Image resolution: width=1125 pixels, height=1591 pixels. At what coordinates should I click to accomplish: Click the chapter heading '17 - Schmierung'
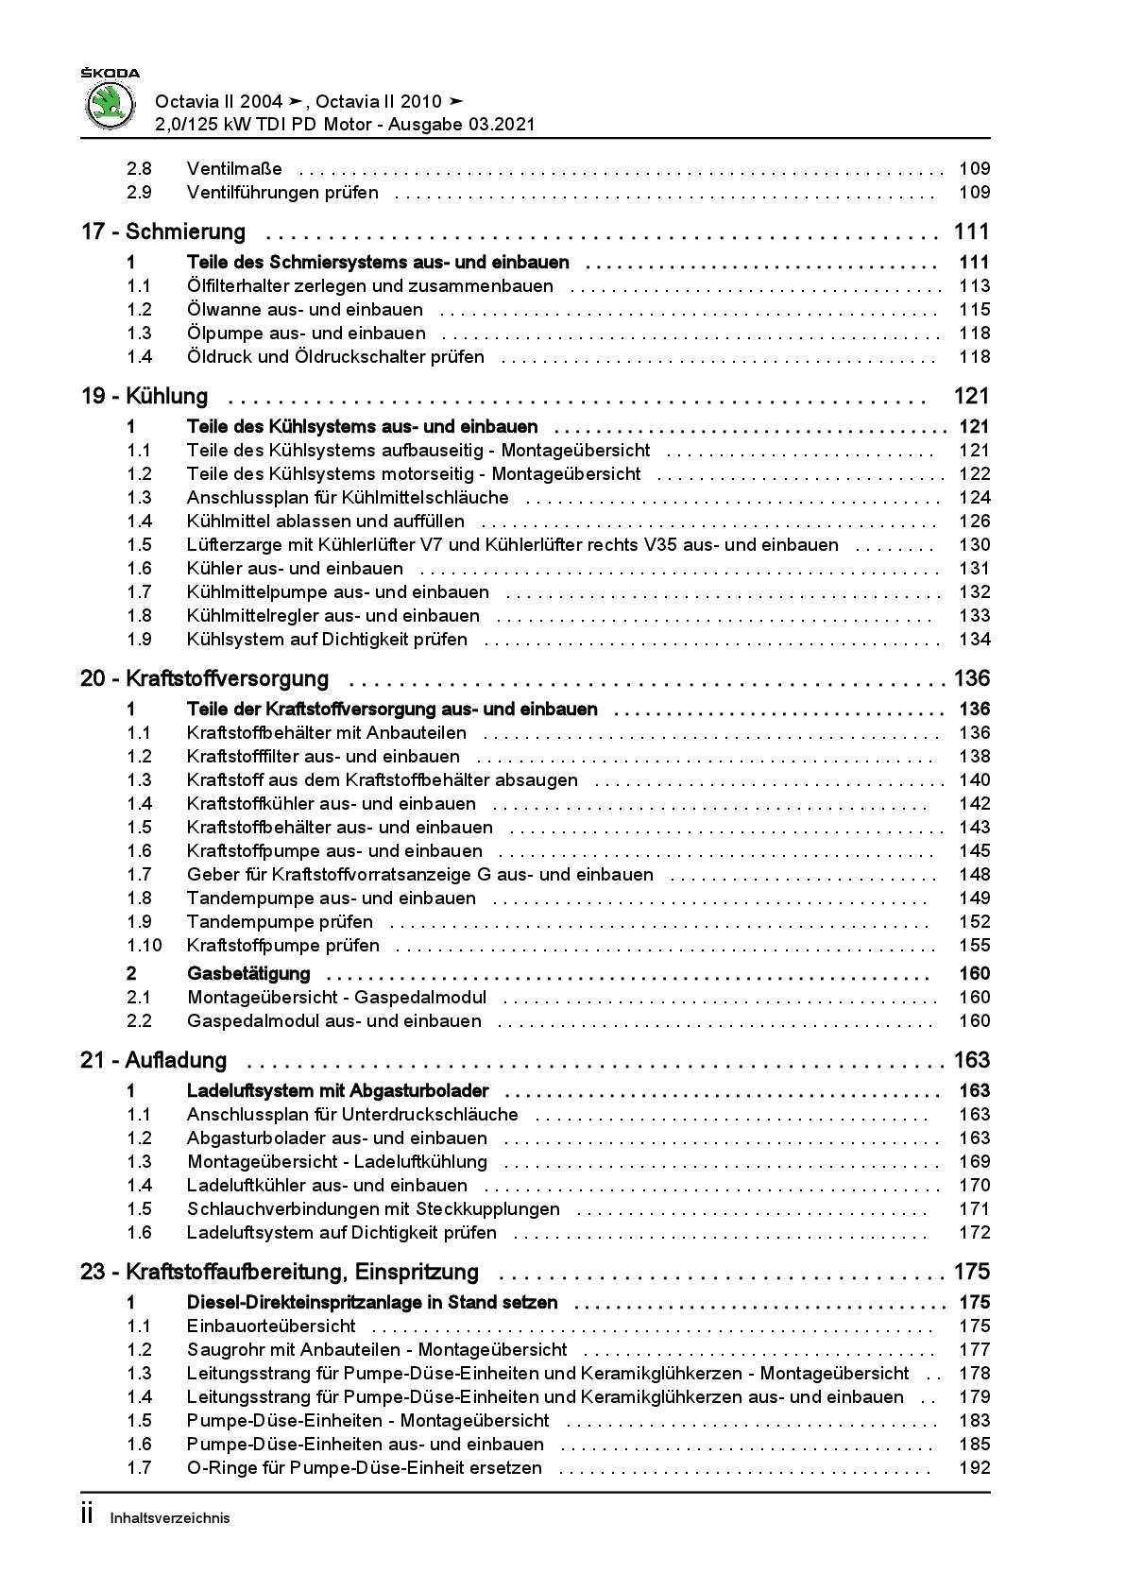(163, 231)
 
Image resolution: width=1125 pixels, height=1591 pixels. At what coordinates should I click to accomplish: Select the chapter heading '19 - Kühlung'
(145, 396)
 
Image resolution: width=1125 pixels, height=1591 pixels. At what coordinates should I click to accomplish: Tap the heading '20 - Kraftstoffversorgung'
(205, 678)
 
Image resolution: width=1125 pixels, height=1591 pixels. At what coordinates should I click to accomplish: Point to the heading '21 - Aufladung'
(154, 1060)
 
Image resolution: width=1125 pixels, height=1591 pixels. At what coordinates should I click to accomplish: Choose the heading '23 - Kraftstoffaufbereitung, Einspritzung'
(280, 1272)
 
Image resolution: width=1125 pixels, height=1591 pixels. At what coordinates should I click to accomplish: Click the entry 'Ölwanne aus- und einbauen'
(305, 310)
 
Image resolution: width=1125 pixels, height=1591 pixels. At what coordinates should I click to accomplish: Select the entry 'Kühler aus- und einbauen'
(295, 569)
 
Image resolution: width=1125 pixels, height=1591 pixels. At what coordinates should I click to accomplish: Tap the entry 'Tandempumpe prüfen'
(280, 922)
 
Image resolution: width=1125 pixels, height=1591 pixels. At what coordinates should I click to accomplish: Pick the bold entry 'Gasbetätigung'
(248, 974)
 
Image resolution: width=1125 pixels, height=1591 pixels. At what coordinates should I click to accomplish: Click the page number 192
(974, 1468)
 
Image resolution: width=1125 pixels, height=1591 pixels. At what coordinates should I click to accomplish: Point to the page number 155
(974, 946)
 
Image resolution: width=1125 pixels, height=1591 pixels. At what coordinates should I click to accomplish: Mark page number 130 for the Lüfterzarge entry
(974, 545)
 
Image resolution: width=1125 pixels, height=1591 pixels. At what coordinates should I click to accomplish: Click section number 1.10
(144, 946)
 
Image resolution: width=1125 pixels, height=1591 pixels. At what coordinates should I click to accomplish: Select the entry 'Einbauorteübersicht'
(271, 1326)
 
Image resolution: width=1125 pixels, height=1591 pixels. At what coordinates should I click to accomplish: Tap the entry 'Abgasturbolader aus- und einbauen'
(337, 1138)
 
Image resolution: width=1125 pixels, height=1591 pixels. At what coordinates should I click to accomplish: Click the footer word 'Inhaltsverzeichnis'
(170, 1519)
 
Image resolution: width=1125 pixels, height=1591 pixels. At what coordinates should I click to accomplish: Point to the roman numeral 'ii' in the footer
(87, 1516)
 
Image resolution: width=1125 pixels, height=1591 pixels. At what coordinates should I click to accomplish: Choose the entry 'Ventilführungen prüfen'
(282, 193)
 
